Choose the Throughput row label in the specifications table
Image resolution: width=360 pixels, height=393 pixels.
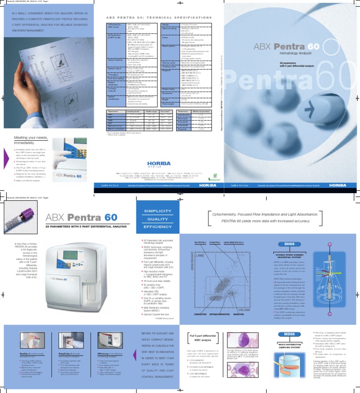[x=114, y=75]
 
